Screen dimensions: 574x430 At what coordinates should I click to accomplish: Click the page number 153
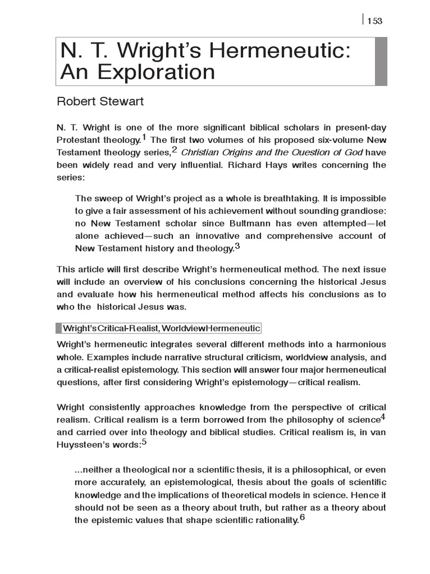coord(375,21)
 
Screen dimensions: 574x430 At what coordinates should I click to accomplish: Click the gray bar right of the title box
coord(381,61)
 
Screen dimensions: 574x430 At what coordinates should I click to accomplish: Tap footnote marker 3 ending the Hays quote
coord(237,246)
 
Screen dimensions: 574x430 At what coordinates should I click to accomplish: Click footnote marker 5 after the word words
coord(144,442)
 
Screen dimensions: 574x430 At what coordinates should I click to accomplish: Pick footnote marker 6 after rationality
coord(302,517)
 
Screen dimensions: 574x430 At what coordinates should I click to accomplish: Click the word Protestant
coord(82,140)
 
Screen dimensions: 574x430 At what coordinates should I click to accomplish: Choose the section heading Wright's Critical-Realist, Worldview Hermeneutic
coord(161,328)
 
